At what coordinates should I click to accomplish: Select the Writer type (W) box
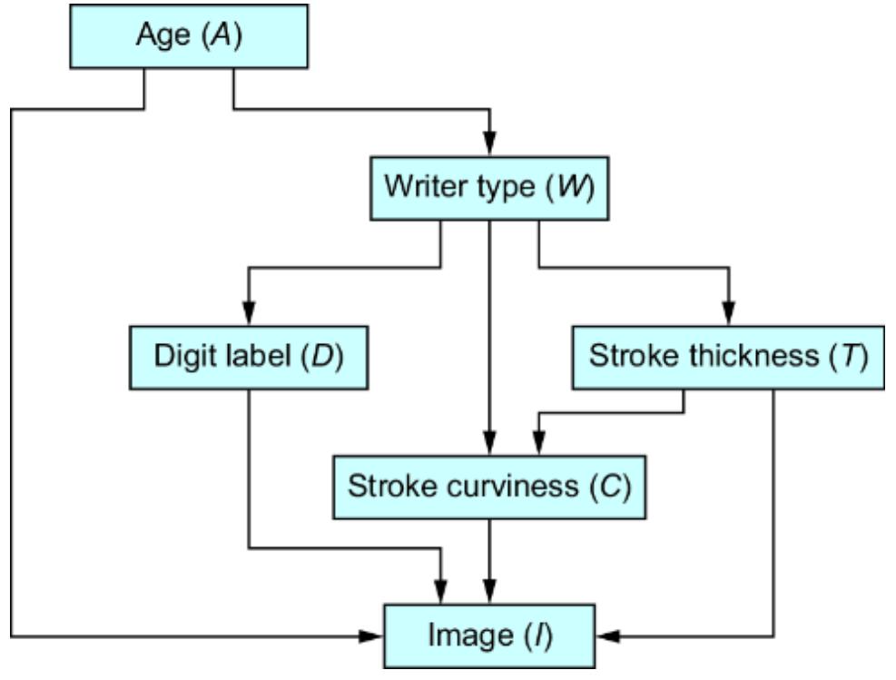tap(489, 188)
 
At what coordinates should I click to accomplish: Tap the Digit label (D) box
tap(248, 356)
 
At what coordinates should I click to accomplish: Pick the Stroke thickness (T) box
tap(727, 356)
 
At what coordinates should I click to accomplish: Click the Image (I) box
tap(490, 635)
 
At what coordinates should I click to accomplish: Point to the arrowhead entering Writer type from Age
tap(489, 146)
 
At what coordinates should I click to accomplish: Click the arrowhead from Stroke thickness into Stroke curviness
tap(539, 445)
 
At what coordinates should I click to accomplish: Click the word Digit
tap(180, 356)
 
